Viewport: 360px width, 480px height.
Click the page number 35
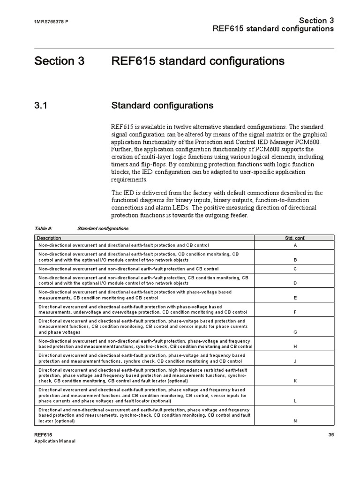(331, 435)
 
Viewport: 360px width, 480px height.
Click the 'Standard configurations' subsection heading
(162, 105)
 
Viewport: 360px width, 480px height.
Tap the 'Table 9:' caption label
(43, 229)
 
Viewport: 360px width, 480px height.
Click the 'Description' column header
(49, 238)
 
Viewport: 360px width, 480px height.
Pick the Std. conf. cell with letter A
(295, 245)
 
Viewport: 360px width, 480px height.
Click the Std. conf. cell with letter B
(295, 259)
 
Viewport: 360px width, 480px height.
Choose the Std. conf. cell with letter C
(295, 269)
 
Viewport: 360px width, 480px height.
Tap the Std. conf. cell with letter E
(295, 298)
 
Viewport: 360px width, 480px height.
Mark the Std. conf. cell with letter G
(295, 332)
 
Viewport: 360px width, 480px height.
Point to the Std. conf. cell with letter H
(295, 346)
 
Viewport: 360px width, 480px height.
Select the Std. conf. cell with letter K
(295, 381)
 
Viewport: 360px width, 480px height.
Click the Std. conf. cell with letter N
(295, 420)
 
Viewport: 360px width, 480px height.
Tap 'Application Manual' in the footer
(55, 441)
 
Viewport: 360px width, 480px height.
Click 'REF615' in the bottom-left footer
(43, 435)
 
